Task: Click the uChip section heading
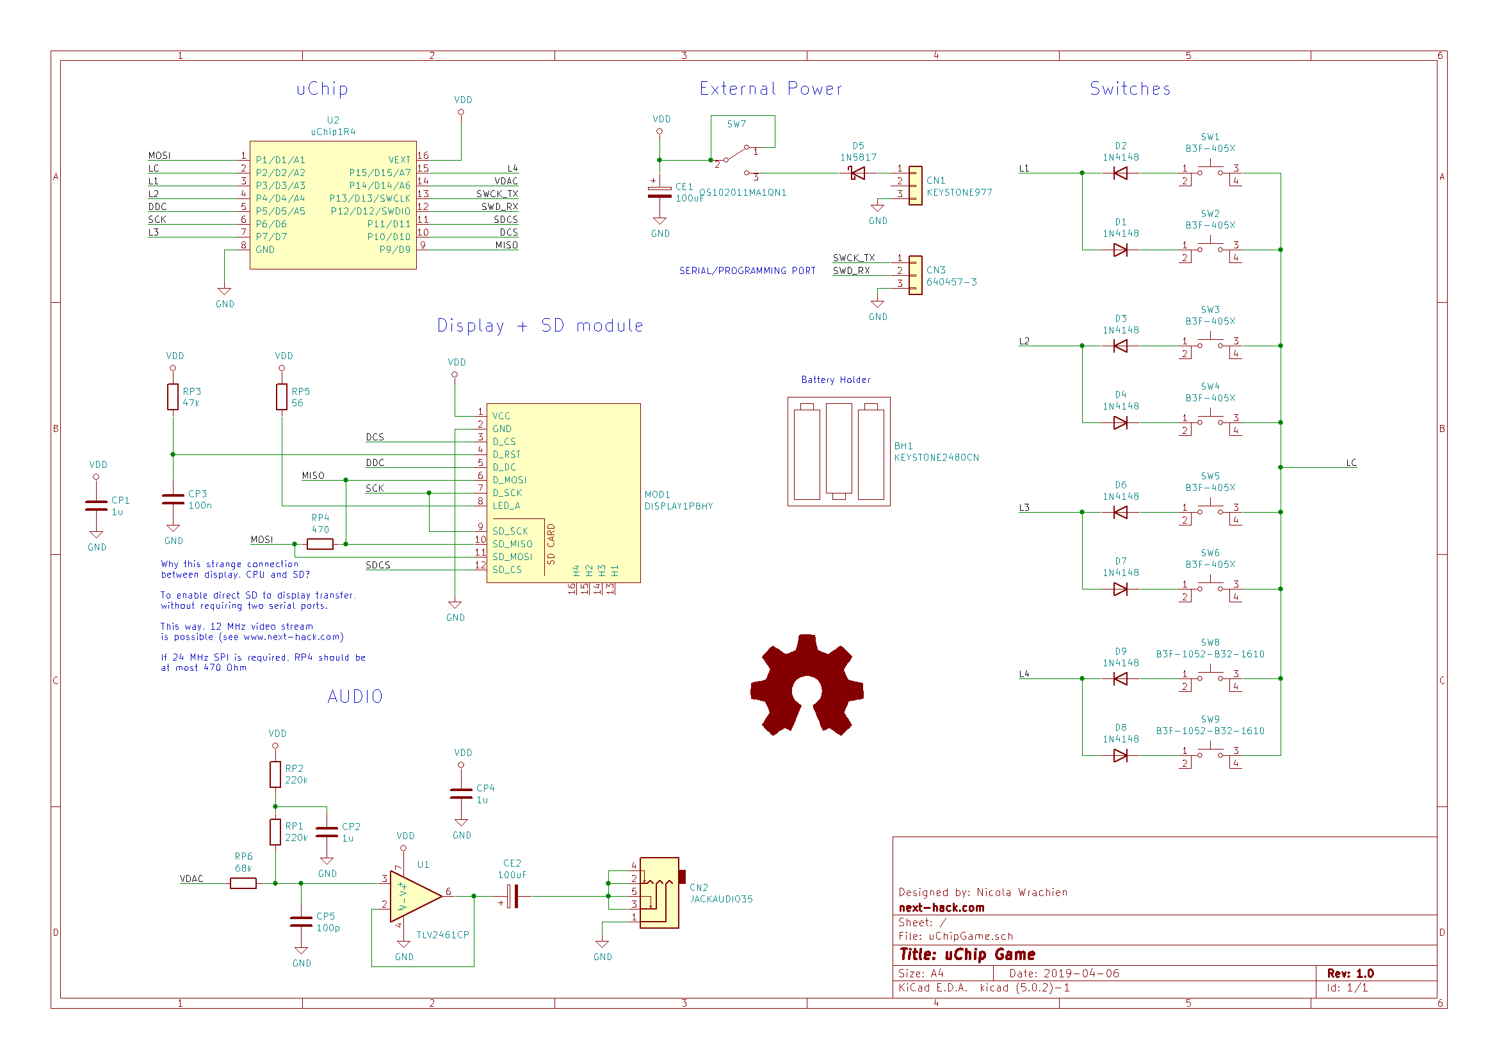coord(322,89)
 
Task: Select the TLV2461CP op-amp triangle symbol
coord(416,897)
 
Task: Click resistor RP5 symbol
coord(282,396)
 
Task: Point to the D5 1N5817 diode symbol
coord(857,173)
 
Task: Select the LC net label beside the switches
coord(1351,463)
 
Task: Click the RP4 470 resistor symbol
coord(320,544)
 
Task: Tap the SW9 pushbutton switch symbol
coord(1210,756)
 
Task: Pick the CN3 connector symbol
coord(916,275)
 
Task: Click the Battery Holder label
coord(836,380)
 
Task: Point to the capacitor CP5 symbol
coord(300,921)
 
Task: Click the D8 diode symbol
coord(1120,755)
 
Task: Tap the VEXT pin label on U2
coord(399,160)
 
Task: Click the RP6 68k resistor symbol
coord(243,883)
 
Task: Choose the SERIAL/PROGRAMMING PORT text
coord(747,271)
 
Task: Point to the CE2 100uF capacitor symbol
coord(514,896)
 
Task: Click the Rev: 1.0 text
coord(1350,974)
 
